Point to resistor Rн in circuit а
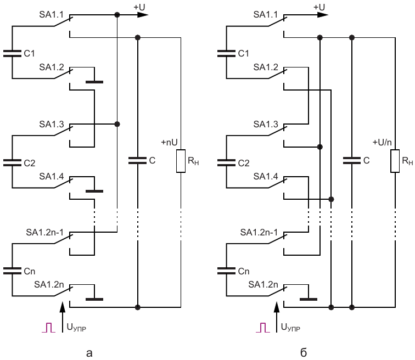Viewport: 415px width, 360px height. point(181,162)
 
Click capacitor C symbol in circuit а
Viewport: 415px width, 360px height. point(137,161)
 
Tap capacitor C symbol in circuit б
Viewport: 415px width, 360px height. point(351,161)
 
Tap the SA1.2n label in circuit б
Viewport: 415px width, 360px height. point(263,284)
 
